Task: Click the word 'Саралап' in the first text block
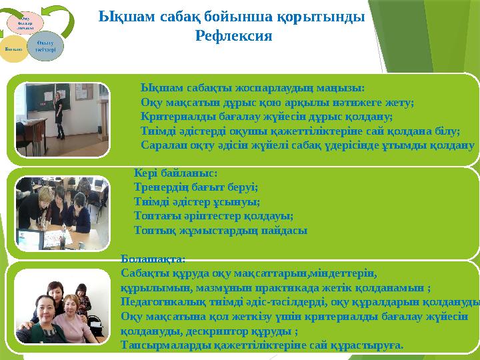(x=160, y=144)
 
